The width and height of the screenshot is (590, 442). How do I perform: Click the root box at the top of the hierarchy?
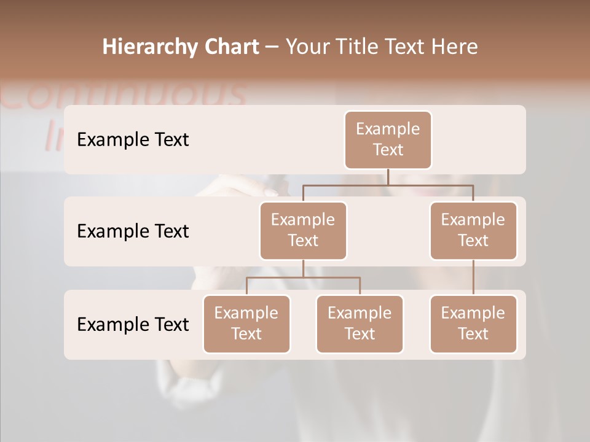(388, 139)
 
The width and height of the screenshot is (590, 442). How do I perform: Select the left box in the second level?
(303, 230)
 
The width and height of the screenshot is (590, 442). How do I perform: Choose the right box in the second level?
(473, 230)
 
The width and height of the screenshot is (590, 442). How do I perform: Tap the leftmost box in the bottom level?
(246, 324)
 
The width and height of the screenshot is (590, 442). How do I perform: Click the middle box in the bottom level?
(360, 324)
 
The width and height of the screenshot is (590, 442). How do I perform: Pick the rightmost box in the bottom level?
(473, 324)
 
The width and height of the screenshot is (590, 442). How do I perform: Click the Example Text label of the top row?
(133, 140)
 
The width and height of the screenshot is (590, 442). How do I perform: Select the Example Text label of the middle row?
(133, 231)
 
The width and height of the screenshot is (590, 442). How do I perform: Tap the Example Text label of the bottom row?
(133, 325)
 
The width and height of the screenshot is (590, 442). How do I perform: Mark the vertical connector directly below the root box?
(388, 177)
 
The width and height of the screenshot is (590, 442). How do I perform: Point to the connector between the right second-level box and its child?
(473, 277)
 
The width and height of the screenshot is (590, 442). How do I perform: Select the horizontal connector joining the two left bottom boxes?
(303, 277)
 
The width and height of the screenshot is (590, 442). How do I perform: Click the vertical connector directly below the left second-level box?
(303, 268)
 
